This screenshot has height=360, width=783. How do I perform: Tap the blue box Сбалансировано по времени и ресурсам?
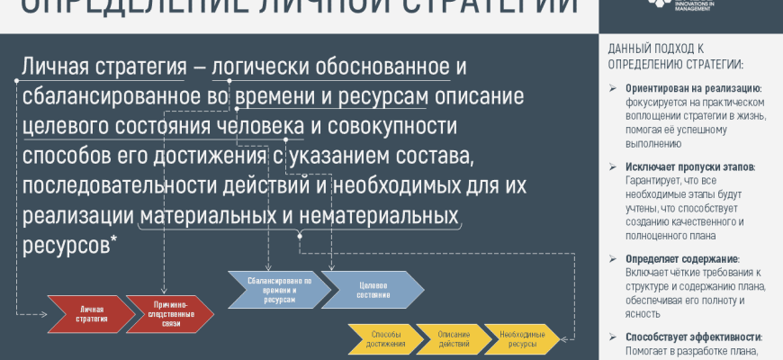coord(279,289)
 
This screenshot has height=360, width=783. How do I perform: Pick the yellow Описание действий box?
coord(454,339)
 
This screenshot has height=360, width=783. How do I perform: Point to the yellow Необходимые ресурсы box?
coord(522,339)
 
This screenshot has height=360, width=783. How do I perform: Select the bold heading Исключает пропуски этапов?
coord(690,167)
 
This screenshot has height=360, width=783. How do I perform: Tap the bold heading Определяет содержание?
coord(682,259)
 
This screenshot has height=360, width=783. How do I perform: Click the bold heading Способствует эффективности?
coord(693,337)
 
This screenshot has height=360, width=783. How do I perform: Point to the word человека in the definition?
coord(262,126)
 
